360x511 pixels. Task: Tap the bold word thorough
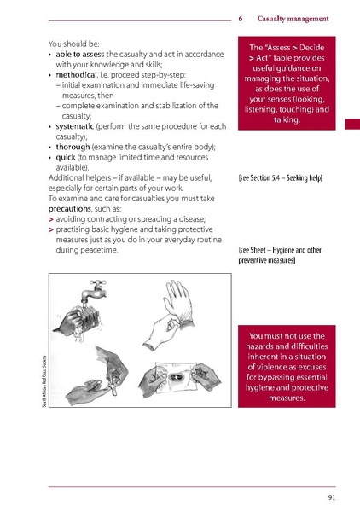77,148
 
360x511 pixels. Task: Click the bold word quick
67,158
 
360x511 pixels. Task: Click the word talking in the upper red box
292,121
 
